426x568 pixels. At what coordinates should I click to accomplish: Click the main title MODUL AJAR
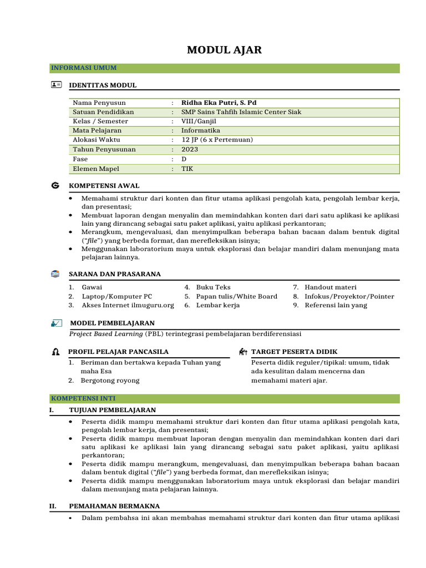224,50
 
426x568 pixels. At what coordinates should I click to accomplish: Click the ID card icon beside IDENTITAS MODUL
56,85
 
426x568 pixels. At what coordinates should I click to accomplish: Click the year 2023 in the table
190,150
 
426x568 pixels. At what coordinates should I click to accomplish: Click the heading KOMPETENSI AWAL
104,186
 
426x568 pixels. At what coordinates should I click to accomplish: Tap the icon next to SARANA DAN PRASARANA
55,274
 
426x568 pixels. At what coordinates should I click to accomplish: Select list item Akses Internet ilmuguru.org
128,306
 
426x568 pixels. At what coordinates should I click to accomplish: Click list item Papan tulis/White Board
237,297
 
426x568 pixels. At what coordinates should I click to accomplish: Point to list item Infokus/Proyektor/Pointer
349,297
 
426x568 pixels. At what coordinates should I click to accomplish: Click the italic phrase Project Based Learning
106,334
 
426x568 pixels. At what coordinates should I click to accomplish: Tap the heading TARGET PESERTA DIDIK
294,352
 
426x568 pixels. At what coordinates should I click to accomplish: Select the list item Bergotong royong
110,381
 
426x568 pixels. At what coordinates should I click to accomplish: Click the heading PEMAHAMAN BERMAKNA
114,506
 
